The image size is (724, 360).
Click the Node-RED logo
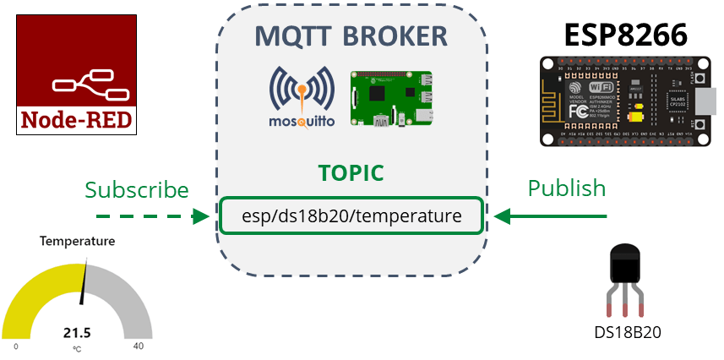point(77,74)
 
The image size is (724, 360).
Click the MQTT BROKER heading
point(351,36)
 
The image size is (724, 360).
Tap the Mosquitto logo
point(302,97)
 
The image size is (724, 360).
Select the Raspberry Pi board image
point(390,99)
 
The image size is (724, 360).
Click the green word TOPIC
point(351,173)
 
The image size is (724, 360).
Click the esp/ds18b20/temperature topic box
point(351,216)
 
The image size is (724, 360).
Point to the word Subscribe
point(137,188)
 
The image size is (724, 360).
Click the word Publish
point(567,188)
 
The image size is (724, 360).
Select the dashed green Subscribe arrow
point(147,217)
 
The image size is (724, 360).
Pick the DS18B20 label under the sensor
point(627,333)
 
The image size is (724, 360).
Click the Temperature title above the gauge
point(77,242)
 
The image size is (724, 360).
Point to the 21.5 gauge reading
point(77,332)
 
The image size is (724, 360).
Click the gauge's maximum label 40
point(138,346)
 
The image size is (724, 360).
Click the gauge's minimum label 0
point(16,346)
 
